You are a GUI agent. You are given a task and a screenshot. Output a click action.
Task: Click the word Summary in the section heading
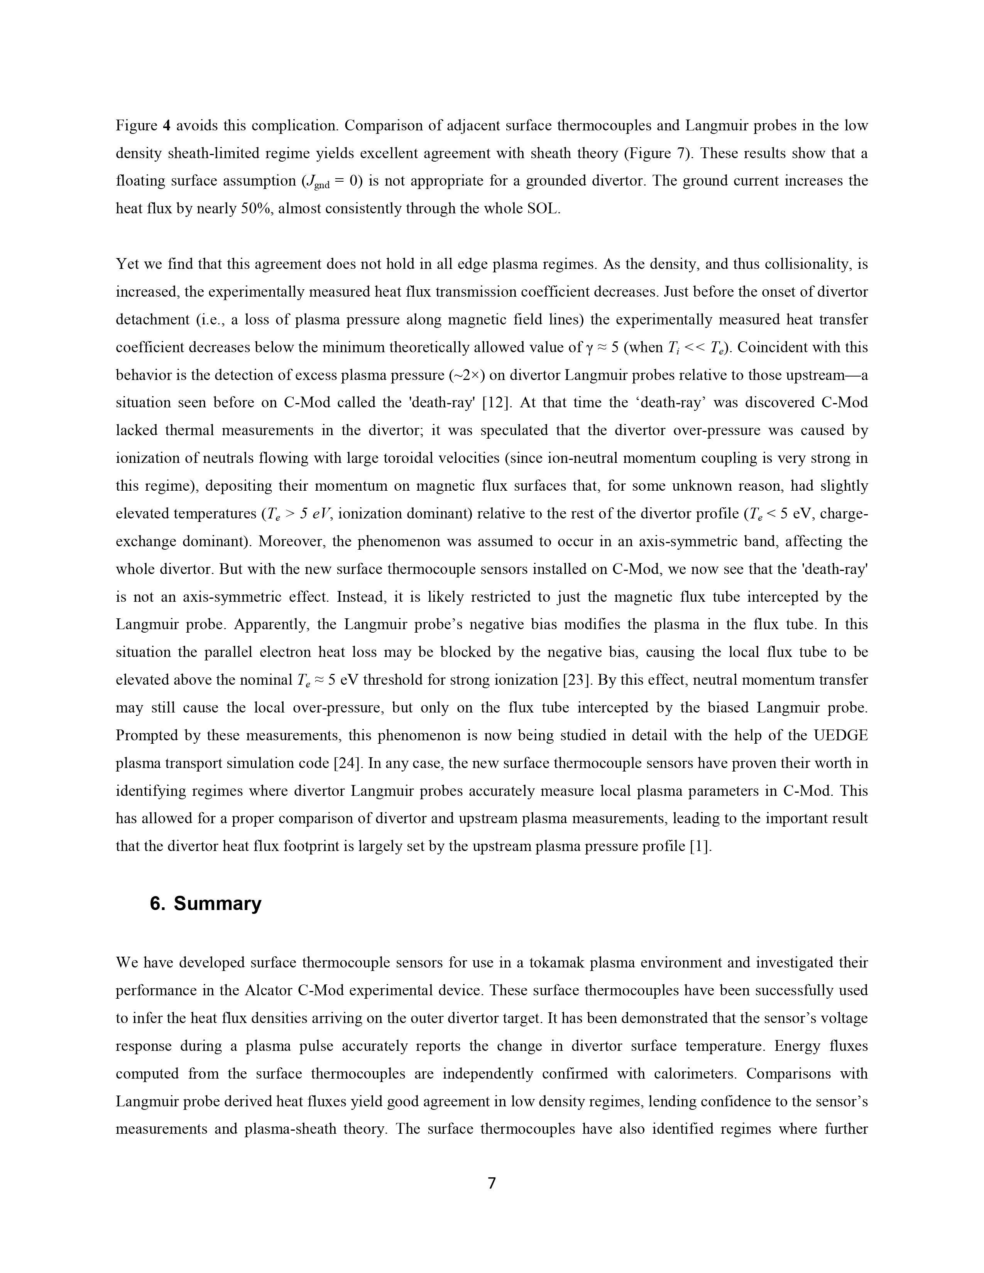217,903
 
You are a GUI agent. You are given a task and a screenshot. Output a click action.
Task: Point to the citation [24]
345,763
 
